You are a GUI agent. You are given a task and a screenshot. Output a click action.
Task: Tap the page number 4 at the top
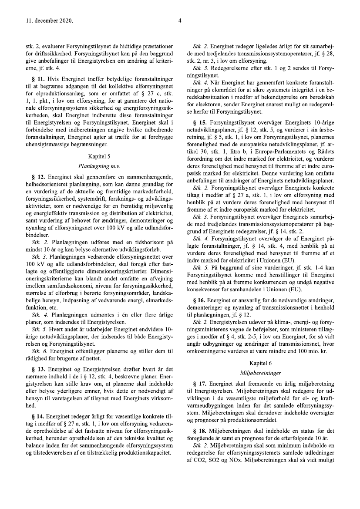point(180,20)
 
